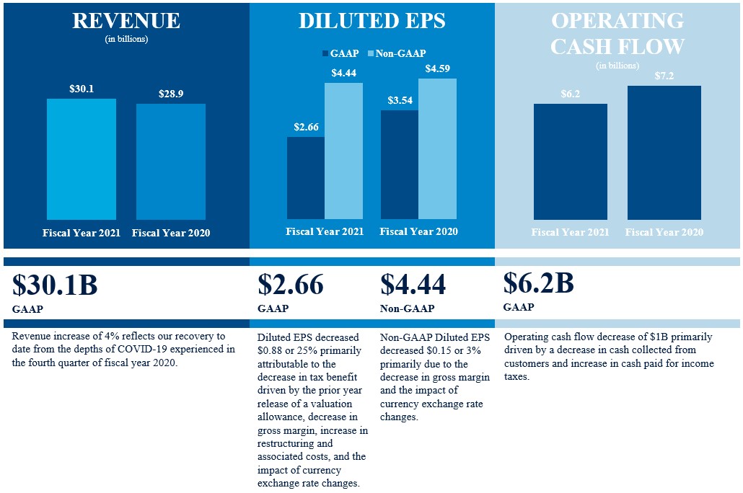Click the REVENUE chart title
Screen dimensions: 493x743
point(126,21)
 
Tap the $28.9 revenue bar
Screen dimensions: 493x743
point(171,161)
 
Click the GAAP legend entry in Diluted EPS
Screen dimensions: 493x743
point(339,53)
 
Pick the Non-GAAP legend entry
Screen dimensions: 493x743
point(397,53)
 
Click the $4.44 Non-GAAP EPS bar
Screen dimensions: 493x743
point(343,151)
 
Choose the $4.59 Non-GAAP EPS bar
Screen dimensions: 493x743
point(437,148)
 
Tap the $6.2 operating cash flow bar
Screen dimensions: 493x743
point(571,161)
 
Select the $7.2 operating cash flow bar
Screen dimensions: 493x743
point(664,153)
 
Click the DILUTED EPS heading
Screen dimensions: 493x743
point(371,21)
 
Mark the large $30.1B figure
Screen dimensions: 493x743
point(55,285)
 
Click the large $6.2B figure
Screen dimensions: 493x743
point(538,283)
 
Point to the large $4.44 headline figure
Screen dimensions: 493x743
point(413,285)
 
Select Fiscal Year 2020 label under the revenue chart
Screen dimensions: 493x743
point(171,233)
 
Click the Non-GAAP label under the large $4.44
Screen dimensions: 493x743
point(407,308)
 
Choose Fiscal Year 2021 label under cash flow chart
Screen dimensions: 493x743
point(571,232)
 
